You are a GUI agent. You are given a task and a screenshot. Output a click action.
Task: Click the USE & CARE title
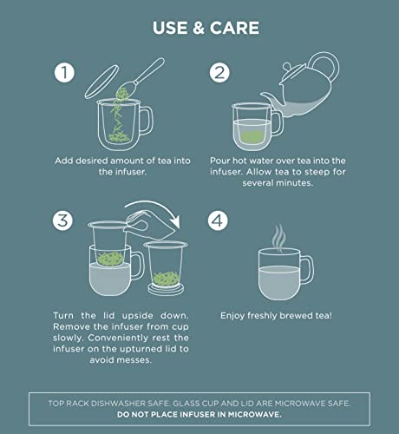click(x=206, y=27)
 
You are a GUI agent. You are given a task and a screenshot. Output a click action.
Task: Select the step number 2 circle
click(x=220, y=74)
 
